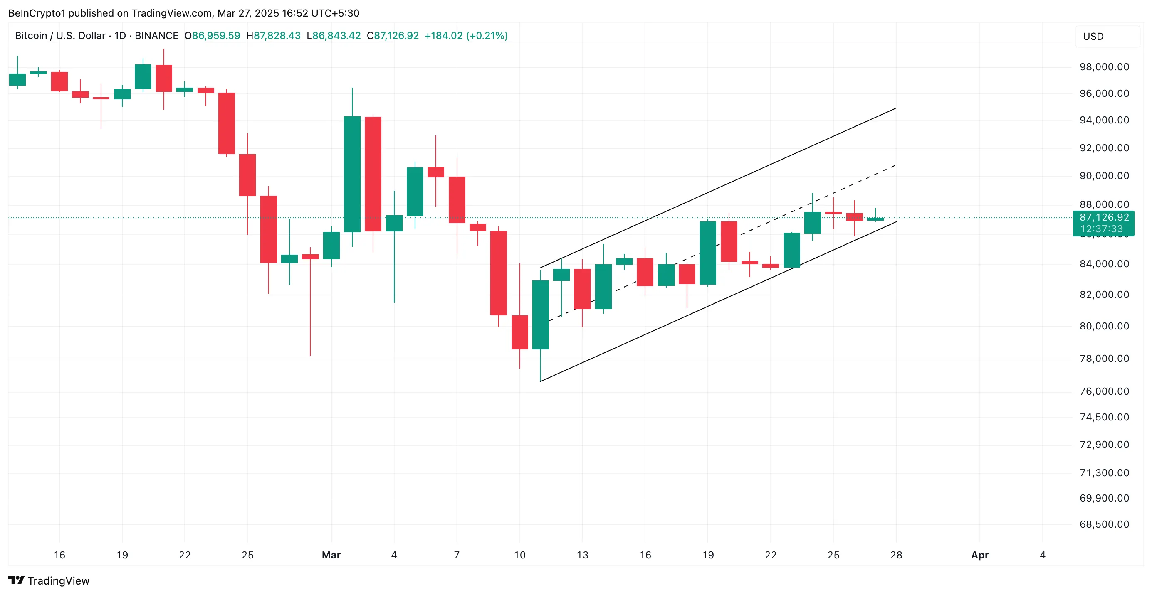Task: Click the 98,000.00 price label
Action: [x=1104, y=67]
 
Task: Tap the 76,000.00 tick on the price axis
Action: [x=1104, y=391]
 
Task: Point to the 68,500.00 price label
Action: [x=1104, y=524]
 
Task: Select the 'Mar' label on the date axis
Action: [x=331, y=555]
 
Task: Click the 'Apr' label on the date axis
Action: [x=979, y=555]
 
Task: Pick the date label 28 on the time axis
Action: [x=896, y=555]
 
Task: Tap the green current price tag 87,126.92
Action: [x=1103, y=218]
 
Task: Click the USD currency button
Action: [x=1093, y=37]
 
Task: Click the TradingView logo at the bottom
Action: [x=49, y=581]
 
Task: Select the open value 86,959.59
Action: [x=215, y=36]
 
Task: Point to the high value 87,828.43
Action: [x=277, y=36]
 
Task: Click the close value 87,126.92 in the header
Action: [x=396, y=36]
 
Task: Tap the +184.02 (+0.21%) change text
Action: [x=465, y=36]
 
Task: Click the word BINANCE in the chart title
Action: [x=156, y=36]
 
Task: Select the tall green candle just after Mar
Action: [x=352, y=174]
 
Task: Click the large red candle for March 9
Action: [x=498, y=273]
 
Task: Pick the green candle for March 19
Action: [x=707, y=253]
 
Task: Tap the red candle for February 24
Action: [x=226, y=123]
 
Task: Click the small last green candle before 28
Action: [x=875, y=219]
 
